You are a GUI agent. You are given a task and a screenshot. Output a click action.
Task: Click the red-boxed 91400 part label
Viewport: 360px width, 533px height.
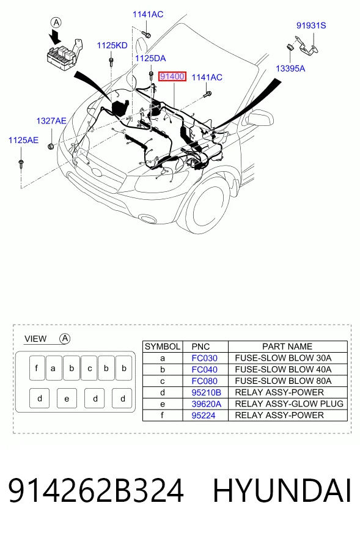coord(172,76)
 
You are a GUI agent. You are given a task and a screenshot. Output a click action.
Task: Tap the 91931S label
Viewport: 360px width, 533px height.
coord(311,26)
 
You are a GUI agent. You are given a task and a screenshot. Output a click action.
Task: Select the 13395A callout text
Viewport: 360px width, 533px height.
coord(290,68)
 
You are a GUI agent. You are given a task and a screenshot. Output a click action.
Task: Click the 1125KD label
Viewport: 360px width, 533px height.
coord(112,46)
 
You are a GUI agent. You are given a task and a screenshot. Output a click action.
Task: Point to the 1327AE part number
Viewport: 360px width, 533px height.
coord(51,120)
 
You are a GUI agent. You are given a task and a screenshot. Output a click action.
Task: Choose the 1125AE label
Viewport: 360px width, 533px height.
coord(23,140)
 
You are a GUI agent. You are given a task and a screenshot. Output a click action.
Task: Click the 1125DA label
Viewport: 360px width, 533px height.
coord(150,59)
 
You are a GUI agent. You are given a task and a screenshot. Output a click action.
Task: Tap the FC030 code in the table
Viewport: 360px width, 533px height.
coord(205,358)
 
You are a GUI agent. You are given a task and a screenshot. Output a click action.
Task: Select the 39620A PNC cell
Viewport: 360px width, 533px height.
coord(207,404)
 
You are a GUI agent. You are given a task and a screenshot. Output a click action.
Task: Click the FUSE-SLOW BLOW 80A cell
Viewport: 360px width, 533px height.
coord(283,381)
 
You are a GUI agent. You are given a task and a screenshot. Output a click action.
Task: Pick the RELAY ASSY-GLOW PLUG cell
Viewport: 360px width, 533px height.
coord(289,404)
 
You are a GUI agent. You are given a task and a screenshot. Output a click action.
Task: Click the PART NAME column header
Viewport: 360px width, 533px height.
coord(287,347)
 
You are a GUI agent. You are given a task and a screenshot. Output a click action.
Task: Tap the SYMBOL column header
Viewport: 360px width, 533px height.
coord(163,347)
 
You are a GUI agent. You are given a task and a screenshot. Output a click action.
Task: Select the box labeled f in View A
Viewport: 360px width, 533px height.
coord(37,368)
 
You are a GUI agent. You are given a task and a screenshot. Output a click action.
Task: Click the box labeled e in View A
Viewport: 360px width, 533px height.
coord(67,398)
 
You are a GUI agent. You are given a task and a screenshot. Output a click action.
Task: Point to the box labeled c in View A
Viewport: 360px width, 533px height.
coord(89,368)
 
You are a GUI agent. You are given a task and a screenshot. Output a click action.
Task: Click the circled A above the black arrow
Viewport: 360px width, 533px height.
coord(56,23)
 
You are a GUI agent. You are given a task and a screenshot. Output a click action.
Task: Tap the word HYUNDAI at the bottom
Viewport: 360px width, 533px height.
coord(282,490)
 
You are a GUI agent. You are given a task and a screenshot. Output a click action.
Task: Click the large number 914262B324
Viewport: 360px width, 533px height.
coord(96,490)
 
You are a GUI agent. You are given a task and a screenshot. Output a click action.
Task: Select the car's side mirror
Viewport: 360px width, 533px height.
coord(260,117)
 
